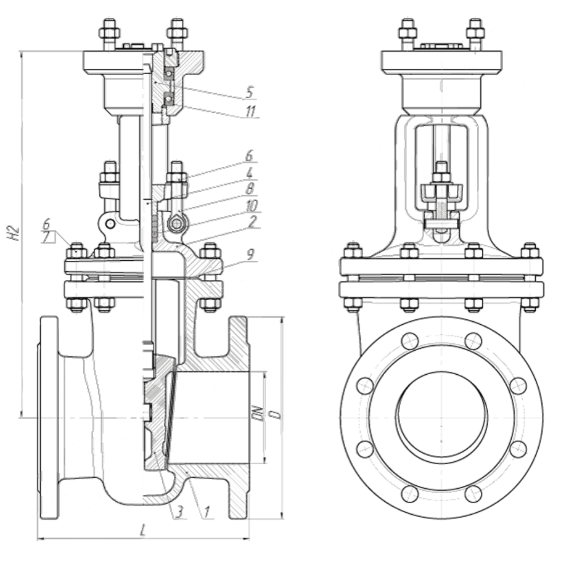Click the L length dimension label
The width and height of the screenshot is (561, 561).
[143, 530]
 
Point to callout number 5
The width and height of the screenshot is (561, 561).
[248, 92]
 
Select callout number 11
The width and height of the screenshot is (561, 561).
[249, 112]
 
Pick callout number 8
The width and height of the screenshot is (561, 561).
[249, 190]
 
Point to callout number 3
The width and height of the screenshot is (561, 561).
[179, 511]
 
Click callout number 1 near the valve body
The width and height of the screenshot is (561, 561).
[207, 511]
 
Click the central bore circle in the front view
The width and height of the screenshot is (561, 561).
[441, 414]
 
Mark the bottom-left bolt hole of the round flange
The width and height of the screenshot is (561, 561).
[410, 493]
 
